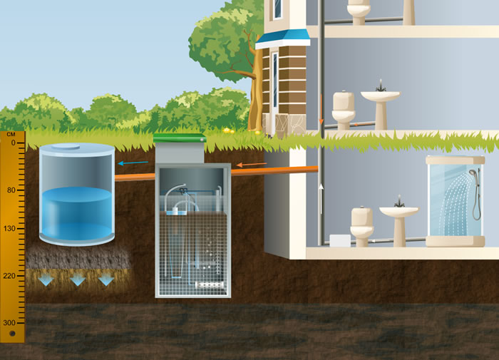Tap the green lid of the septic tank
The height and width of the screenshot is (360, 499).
180,138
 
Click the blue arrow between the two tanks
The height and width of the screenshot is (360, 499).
128,163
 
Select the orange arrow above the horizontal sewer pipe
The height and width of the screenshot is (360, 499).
251,165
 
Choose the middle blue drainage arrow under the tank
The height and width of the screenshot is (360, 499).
77,280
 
